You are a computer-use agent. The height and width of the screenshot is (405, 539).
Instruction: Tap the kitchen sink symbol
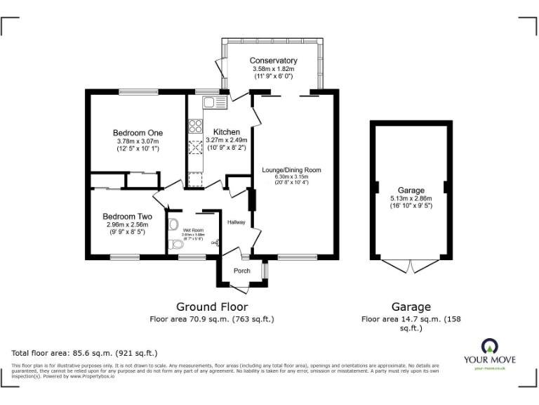pyautogui.click(x=213, y=103)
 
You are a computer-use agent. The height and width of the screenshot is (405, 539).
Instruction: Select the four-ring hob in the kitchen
pyautogui.click(x=195, y=127)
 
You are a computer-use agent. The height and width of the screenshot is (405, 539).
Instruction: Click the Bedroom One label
pyautogui.click(x=138, y=133)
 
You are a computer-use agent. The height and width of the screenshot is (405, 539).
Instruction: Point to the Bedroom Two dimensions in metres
pyautogui.click(x=128, y=225)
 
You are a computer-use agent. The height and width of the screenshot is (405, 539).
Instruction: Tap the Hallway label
pyautogui.click(x=237, y=221)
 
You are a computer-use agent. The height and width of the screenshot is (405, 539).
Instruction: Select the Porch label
pyautogui.click(x=241, y=271)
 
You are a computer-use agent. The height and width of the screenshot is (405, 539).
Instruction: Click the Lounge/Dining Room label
pyautogui.click(x=291, y=169)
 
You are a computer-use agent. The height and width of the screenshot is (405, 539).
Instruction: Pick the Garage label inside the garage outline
pyautogui.click(x=411, y=190)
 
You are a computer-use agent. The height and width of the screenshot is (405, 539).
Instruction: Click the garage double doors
pyautogui.click(x=411, y=266)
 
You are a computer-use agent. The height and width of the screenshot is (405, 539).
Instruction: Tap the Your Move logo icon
pyautogui.click(x=488, y=346)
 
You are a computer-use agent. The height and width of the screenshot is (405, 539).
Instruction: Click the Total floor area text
pyautogui.click(x=85, y=352)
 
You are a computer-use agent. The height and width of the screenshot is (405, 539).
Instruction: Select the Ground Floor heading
pyautogui.click(x=211, y=307)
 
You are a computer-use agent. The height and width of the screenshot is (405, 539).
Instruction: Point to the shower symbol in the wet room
pyautogui.click(x=214, y=244)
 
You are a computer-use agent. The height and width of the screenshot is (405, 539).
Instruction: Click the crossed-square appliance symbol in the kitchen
pyautogui.click(x=194, y=148)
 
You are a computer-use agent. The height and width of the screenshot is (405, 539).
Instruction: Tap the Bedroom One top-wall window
pyautogui.click(x=138, y=91)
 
